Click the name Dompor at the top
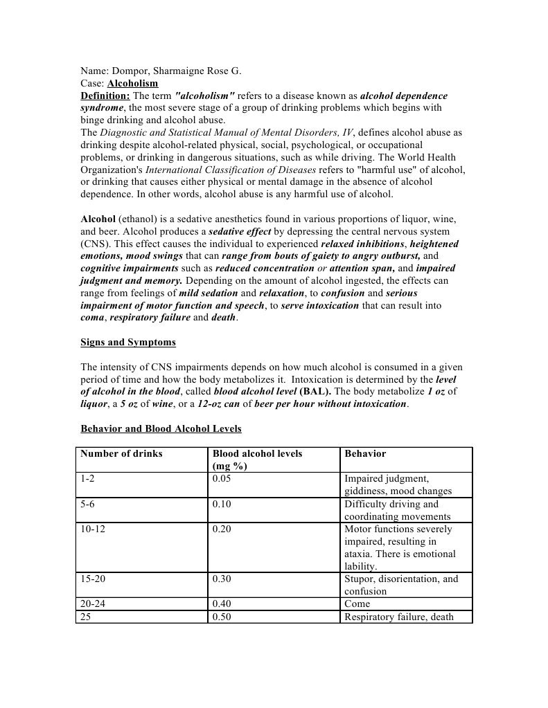click(x=129, y=71)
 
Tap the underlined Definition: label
click(x=105, y=96)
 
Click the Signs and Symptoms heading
click(x=128, y=342)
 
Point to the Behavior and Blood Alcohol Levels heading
click(x=161, y=428)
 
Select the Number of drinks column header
click(x=121, y=453)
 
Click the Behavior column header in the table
click(x=365, y=453)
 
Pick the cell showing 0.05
click(x=222, y=478)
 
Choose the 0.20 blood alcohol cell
click(x=222, y=529)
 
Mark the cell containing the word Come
click(x=357, y=603)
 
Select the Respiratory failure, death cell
click(x=399, y=617)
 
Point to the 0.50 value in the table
click(x=222, y=617)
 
